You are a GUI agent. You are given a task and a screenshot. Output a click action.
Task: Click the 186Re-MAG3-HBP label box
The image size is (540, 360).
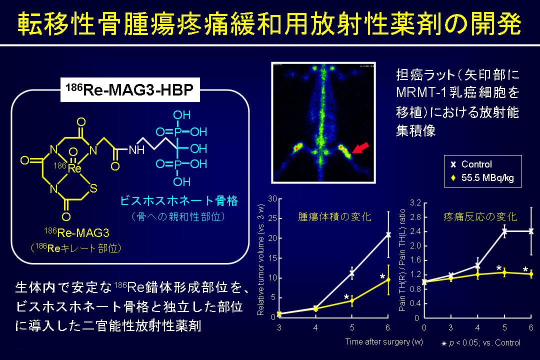click(130, 89)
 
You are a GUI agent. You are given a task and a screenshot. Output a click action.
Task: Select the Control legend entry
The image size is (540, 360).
click(472, 164)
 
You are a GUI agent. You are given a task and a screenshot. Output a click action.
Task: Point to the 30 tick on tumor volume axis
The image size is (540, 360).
click(272, 199)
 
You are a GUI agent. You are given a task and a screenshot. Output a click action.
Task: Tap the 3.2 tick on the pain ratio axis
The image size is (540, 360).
click(415, 202)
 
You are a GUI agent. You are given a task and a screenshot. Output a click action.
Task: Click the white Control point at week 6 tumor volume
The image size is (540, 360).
click(388, 234)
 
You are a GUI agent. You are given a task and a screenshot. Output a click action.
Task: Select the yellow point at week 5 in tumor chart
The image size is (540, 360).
click(352, 300)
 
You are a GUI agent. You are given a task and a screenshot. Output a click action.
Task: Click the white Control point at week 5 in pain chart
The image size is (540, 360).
click(504, 231)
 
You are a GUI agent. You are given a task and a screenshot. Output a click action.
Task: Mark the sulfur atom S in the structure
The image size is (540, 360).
click(93, 188)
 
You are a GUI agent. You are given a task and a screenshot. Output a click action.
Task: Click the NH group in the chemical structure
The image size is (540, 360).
click(136, 150)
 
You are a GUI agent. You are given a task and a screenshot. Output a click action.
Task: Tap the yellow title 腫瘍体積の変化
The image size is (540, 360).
click(334, 216)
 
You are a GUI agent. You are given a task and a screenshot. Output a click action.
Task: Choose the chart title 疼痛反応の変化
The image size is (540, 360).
click(480, 216)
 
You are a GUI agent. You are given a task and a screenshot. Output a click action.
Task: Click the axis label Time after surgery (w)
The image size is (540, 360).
click(384, 341)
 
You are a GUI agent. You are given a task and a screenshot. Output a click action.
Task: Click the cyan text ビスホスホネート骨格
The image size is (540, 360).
click(179, 200)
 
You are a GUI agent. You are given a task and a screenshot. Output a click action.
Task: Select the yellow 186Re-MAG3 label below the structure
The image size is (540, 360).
click(76, 232)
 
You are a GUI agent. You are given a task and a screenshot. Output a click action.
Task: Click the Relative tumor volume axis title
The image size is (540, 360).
click(260, 260)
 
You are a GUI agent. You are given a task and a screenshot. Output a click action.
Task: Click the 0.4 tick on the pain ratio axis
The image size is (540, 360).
click(415, 303)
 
